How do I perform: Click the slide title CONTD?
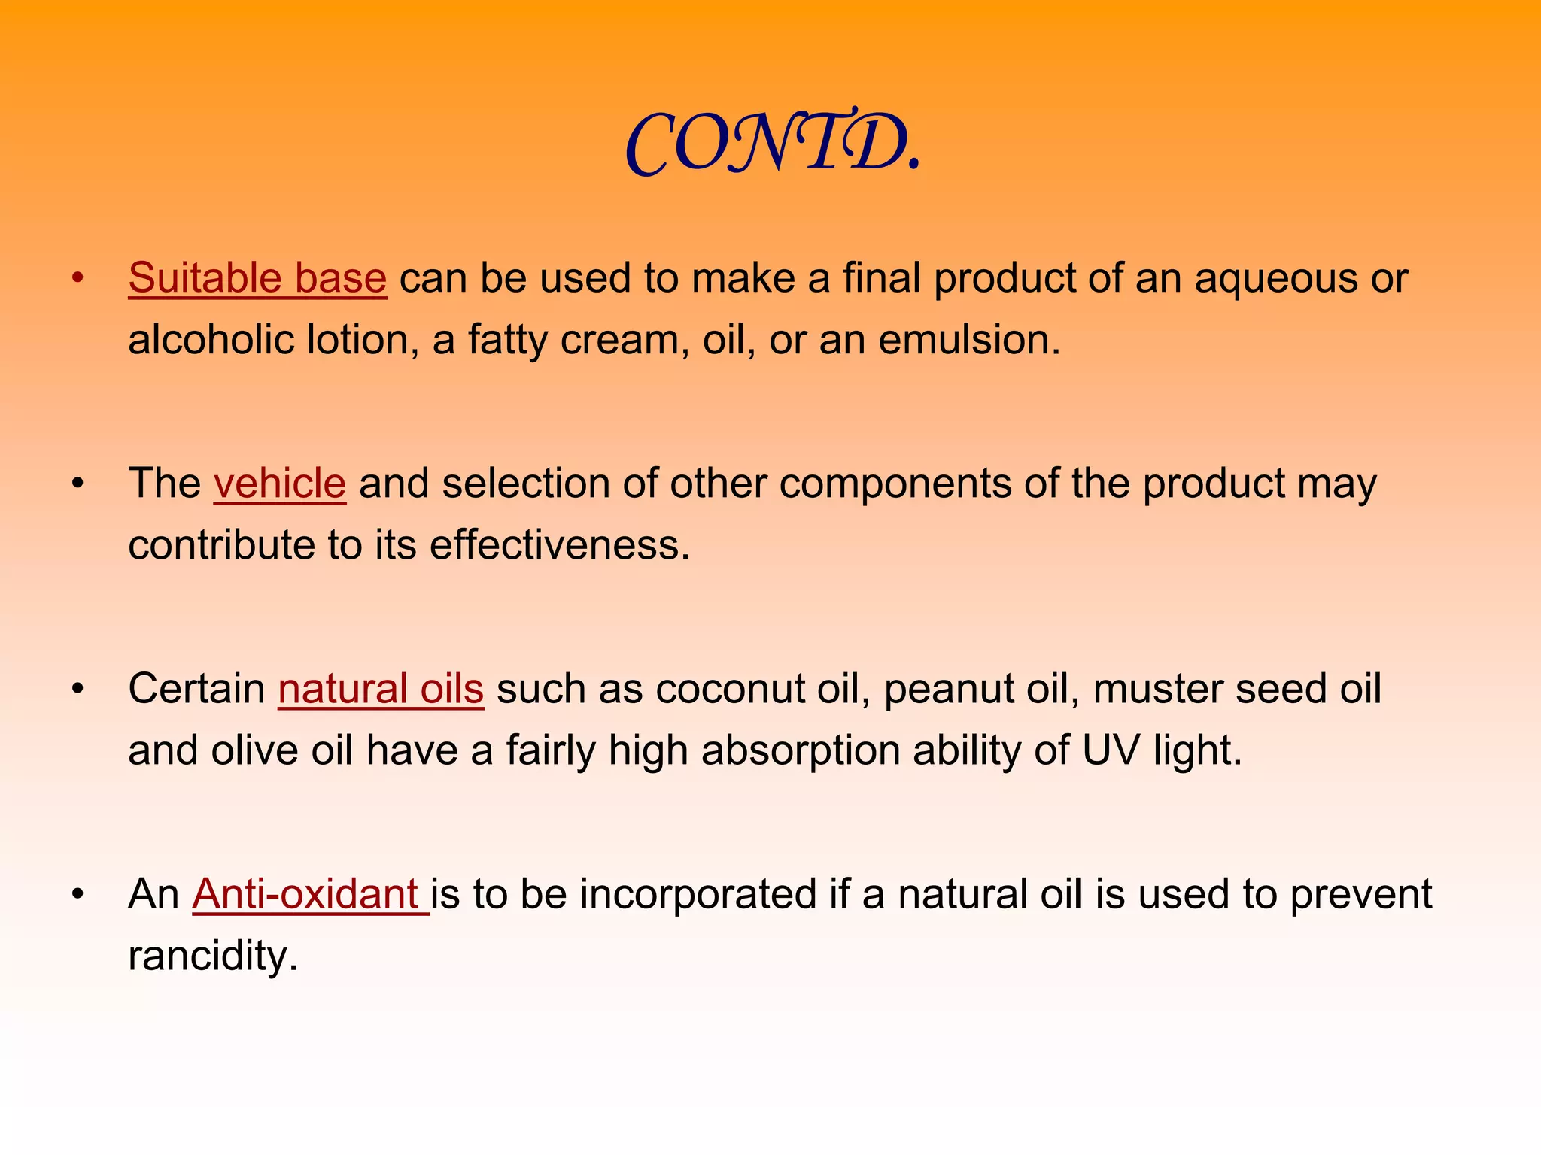click(x=773, y=143)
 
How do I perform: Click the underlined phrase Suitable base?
click(x=257, y=278)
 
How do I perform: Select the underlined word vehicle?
click(x=280, y=484)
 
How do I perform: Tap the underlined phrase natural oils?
click(x=381, y=689)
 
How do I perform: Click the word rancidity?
click(x=213, y=956)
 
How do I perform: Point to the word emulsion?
click(x=968, y=340)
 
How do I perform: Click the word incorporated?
click(x=698, y=894)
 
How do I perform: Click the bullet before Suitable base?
click(x=78, y=279)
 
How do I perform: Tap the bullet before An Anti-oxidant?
click(x=78, y=895)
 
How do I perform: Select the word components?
click(x=895, y=484)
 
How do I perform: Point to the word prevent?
click(x=1360, y=894)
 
